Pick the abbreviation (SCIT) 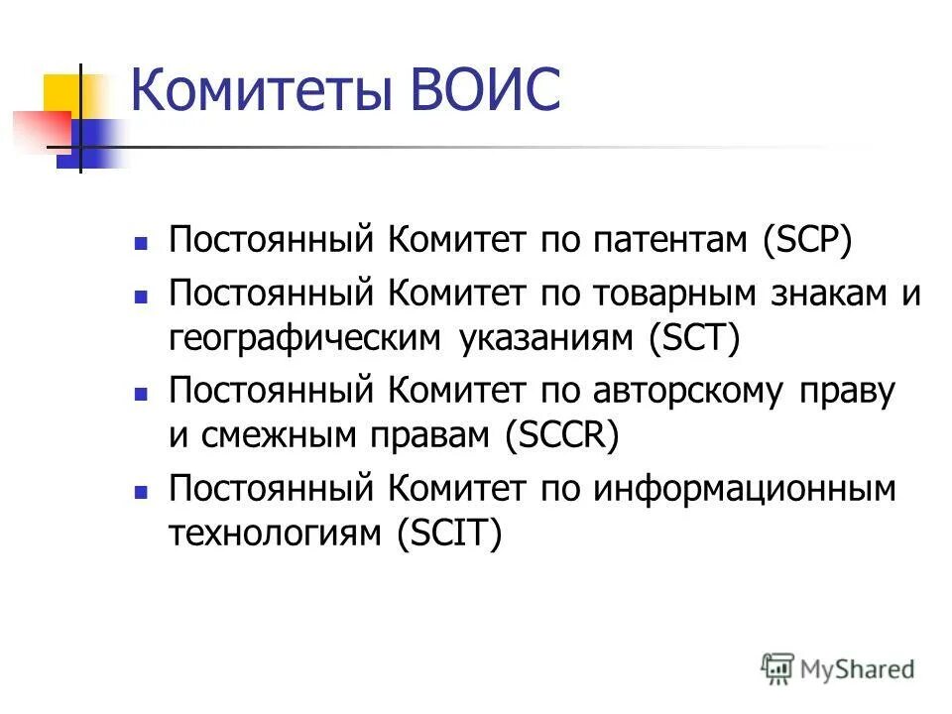pos(449,535)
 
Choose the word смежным pos(265,436)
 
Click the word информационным pos(745,490)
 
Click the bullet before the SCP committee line pos(142,242)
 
